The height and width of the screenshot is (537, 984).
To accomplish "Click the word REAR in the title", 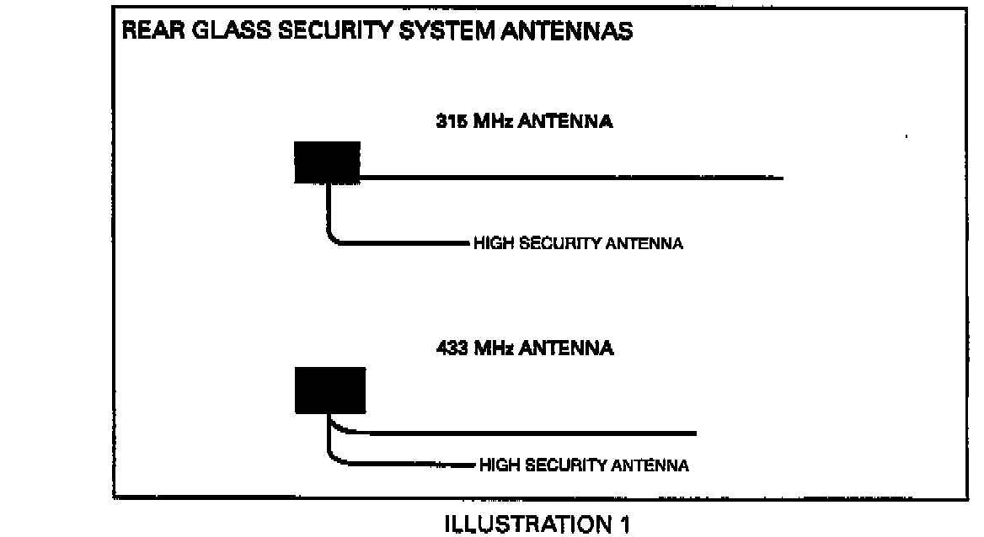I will (149, 34).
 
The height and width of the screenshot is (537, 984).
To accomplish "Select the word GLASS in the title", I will (219, 34).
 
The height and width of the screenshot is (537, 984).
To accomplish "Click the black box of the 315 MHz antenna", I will (327, 162).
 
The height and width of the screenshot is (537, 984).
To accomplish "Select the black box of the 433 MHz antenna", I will (330, 391).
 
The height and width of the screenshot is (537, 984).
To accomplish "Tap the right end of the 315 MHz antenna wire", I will (781, 178).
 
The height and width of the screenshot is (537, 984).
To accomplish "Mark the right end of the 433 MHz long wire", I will (695, 433).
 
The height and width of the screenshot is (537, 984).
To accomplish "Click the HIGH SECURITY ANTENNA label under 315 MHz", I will (578, 244).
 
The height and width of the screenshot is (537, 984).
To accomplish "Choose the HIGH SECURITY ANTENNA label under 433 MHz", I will (584, 465).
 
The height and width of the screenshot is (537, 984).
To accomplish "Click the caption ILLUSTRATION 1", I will (537, 524).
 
